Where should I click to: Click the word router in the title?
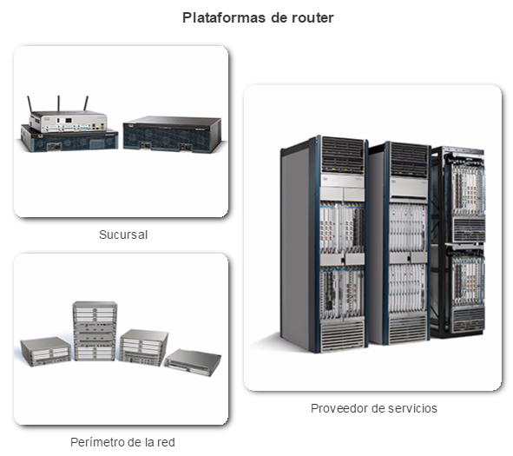pyautogui.click(x=312, y=18)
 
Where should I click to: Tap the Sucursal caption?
pyautogui.click(x=123, y=235)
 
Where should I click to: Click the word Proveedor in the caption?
pyautogui.click(x=338, y=408)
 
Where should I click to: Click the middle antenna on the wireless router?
pyautogui.click(x=58, y=103)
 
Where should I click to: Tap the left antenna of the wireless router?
pyautogui.click(x=30, y=104)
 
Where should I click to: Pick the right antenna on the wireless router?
pyautogui.click(x=86, y=103)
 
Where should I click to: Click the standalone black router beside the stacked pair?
pyautogui.click(x=173, y=134)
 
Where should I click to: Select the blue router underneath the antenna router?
pyautogui.click(x=69, y=140)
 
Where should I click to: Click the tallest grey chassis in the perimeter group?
pyautogui.click(x=95, y=331)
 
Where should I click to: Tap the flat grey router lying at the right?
pyautogui.click(x=193, y=362)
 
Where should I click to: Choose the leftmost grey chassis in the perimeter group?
pyautogui.click(x=45, y=351)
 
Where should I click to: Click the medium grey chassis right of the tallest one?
pyautogui.click(x=143, y=347)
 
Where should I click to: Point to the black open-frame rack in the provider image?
pyautogui.click(x=458, y=241)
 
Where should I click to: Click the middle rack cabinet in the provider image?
pyautogui.click(x=399, y=243)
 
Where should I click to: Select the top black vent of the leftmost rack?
pyautogui.click(x=343, y=155)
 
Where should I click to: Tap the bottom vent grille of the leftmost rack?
pyautogui.click(x=342, y=335)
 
